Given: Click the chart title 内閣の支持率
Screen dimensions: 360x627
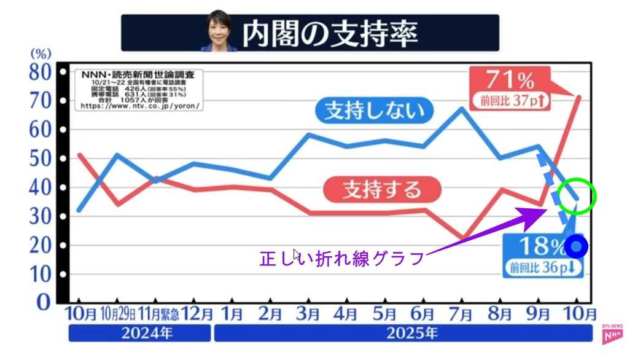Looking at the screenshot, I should [330, 34].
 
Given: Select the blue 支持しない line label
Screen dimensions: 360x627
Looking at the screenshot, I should [374, 111].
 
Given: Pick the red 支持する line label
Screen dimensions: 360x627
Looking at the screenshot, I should [382, 188].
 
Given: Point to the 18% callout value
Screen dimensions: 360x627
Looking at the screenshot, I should [541, 246].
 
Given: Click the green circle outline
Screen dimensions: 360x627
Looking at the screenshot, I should [577, 196].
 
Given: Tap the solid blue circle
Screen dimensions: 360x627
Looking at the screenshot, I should [577, 247].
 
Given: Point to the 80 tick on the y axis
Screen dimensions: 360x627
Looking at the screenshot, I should [41, 72].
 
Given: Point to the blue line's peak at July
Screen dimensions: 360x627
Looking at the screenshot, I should [462, 109].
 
